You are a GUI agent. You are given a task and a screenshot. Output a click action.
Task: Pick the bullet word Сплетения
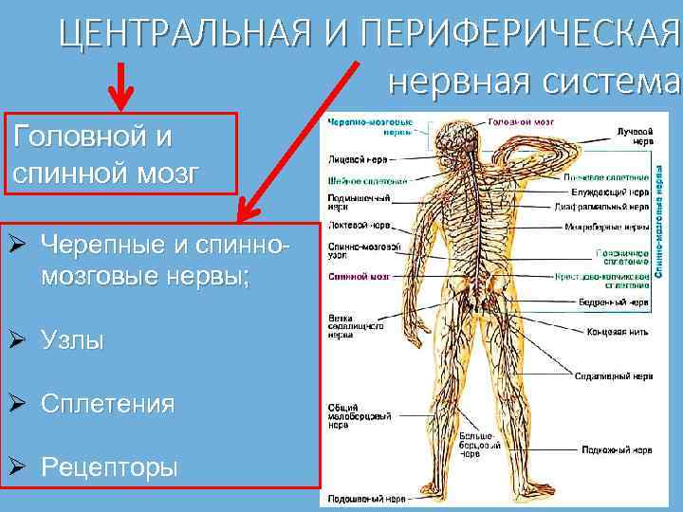click(x=107, y=404)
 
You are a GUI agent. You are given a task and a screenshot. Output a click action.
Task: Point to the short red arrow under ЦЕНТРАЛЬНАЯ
click(x=120, y=84)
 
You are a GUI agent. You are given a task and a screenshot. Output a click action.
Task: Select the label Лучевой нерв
click(x=633, y=134)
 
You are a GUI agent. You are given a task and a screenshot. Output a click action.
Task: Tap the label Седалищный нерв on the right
click(x=611, y=376)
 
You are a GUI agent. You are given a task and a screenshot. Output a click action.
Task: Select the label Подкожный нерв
click(x=616, y=450)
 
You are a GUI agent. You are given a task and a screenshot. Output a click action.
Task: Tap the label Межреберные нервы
click(x=608, y=227)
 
